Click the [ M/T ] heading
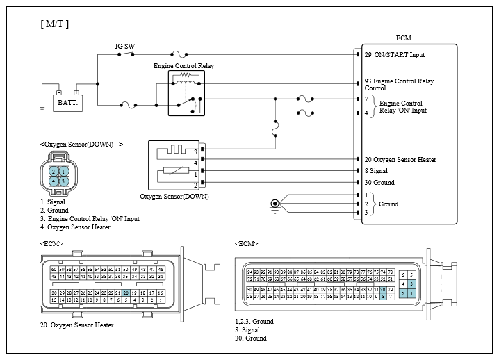coord(55,24)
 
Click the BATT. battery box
coord(67,101)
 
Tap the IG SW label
coord(124,47)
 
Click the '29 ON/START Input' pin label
coord(394,54)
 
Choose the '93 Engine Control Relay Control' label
coord(399,85)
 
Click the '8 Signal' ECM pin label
coord(375,171)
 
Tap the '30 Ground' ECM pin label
coord(379,183)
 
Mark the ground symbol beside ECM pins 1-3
coord(276,204)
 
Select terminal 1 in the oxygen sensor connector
coord(64,171)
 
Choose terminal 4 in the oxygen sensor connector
coord(54,181)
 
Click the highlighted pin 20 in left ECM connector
coord(126,293)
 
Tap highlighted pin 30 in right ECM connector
coord(383,288)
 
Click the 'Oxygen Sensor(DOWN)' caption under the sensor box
coord(174,197)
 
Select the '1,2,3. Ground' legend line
coord(255,322)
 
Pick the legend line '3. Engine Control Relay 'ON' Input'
coord(90,218)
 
